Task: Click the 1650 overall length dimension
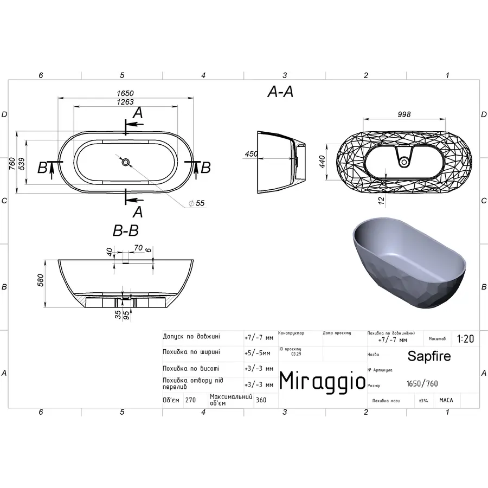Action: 126,93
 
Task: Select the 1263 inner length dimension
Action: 126,102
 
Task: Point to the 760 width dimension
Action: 12,163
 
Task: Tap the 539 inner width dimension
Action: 22,163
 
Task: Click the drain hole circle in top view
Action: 126,162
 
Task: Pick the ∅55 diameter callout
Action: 196,203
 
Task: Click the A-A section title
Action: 280,93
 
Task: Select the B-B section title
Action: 125,231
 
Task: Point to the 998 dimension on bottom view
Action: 404,114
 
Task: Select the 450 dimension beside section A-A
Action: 251,154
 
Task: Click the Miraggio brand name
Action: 322,381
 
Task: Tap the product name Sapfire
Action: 429,356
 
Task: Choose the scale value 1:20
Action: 465,339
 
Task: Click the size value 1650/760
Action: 422,384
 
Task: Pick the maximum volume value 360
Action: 261,400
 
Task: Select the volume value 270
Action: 190,400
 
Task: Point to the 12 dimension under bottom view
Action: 382,201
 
